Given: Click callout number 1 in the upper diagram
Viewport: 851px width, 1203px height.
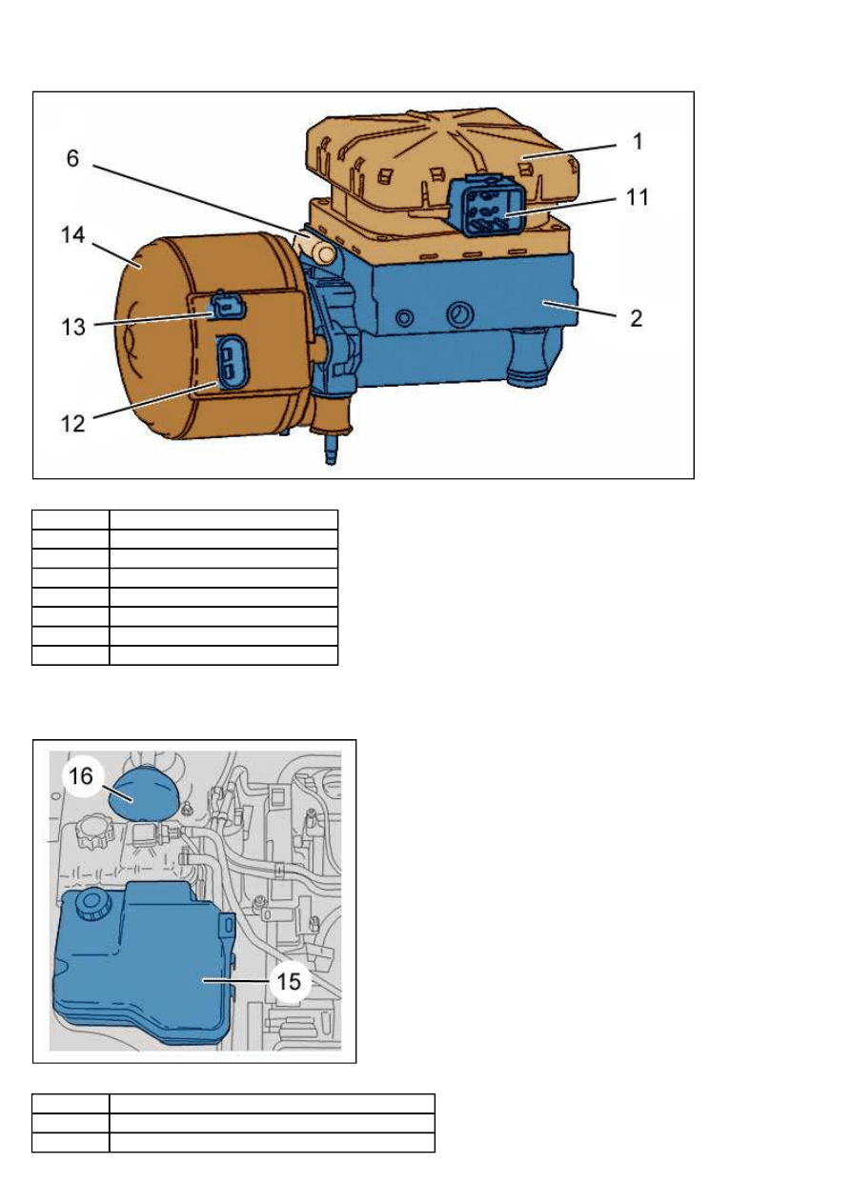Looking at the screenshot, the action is pyautogui.click(x=638, y=142).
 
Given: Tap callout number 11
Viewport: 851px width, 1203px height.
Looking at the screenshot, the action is pyautogui.click(x=638, y=197).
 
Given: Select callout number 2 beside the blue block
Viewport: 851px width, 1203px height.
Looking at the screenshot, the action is pyautogui.click(x=636, y=318).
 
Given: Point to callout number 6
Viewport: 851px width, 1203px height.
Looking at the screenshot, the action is pyautogui.click(x=72, y=158).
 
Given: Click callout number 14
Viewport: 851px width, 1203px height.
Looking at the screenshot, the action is pyautogui.click(x=73, y=234).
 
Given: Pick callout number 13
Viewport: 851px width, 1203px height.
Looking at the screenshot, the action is pyautogui.click(x=73, y=327).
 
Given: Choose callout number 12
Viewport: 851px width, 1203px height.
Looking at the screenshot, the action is pyautogui.click(x=73, y=424).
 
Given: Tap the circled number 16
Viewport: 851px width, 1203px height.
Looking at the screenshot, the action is pyautogui.click(x=81, y=776).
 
